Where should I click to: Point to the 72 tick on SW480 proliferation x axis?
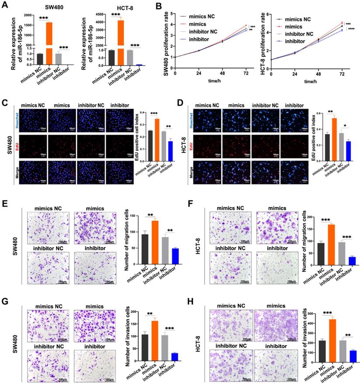[246, 74]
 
